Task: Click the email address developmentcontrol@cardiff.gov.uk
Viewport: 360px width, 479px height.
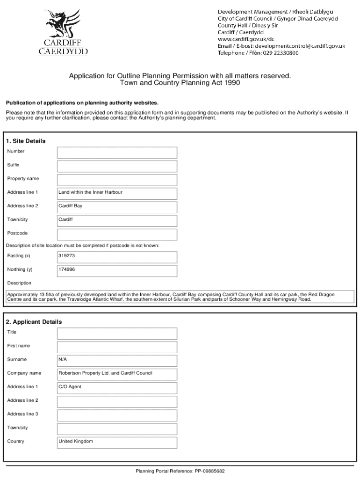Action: [299, 46]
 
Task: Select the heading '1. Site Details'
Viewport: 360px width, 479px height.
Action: [26, 141]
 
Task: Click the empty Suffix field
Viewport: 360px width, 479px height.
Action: [117, 166]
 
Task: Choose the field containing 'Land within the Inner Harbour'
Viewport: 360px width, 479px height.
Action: [117, 193]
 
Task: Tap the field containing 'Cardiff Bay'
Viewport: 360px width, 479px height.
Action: [117, 207]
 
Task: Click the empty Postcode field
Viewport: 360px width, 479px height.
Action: [117, 234]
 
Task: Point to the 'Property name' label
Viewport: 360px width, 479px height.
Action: [23, 179]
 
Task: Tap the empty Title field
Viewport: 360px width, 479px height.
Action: [117, 333]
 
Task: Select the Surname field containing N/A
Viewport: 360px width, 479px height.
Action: [117, 360]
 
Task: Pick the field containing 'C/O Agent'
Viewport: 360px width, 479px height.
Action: [117, 387]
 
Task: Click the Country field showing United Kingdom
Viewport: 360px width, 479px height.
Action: [117, 442]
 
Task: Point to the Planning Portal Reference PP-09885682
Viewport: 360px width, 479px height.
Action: [180, 471]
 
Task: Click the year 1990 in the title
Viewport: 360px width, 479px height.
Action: [231, 83]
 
